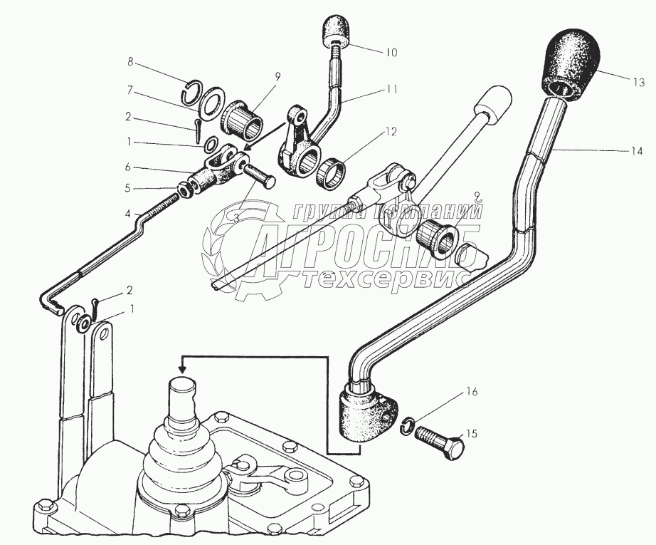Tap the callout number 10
[x=392, y=52]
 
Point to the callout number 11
[x=392, y=90]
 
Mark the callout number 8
[x=130, y=62]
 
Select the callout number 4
[x=128, y=214]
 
